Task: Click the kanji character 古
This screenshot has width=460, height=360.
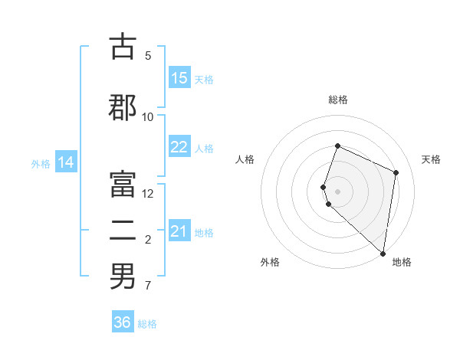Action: (123, 47)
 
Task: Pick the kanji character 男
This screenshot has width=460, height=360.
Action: (123, 276)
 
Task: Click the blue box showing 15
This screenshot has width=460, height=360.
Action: (179, 78)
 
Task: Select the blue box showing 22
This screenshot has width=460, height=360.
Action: (179, 148)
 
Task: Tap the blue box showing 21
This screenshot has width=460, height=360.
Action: (179, 232)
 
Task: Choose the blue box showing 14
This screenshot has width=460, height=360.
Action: (66, 162)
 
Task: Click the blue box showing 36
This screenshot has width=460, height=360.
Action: (123, 322)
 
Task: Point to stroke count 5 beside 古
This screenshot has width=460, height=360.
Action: (148, 55)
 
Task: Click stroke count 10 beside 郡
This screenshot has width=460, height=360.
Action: (148, 116)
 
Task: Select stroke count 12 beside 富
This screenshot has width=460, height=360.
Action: (148, 194)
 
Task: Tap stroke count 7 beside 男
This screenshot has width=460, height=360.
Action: (148, 286)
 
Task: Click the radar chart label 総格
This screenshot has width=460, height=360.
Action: (338, 100)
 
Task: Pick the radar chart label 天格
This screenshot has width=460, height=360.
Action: (431, 159)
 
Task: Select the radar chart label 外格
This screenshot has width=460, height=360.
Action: (270, 262)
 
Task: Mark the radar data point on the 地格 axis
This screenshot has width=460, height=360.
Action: (383, 254)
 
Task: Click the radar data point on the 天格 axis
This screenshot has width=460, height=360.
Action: (396, 172)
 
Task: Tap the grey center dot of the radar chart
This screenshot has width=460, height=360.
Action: (338, 191)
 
